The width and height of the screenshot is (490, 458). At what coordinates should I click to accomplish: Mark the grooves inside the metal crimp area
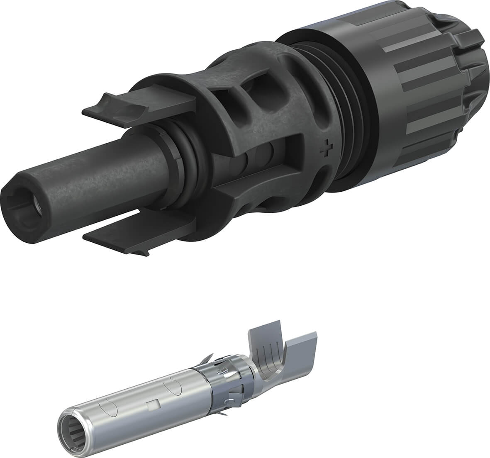pyautogui.click(x=270, y=357)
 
